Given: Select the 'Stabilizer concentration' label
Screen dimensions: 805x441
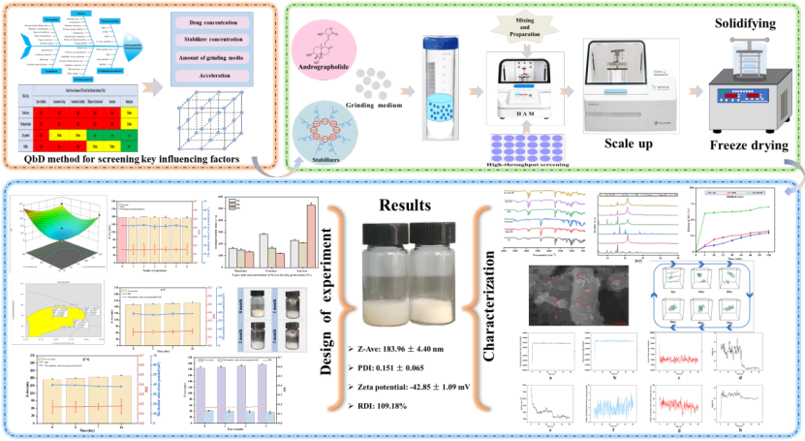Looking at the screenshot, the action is coord(214,41).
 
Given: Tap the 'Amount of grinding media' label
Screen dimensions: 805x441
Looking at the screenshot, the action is coord(214,60).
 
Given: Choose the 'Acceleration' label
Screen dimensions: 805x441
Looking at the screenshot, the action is coord(214,79).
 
